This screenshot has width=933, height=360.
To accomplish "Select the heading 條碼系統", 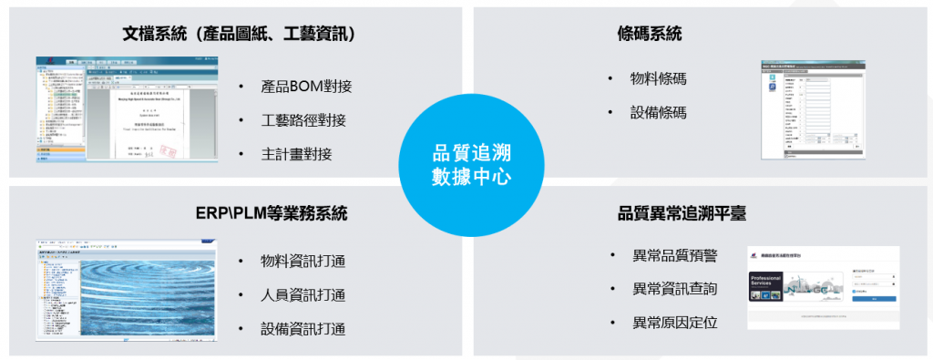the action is click(x=649, y=34).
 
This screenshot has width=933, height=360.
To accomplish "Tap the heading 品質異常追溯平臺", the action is click(x=682, y=213).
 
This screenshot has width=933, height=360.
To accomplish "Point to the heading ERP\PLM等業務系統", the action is click(x=271, y=213).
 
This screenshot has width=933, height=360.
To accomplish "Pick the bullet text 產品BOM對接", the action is click(x=305, y=87).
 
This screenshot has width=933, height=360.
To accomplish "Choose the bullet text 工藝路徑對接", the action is click(x=302, y=120).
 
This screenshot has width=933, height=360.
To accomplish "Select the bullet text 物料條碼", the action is click(x=658, y=78).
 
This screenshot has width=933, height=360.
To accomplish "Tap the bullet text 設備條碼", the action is click(x=658, y=112).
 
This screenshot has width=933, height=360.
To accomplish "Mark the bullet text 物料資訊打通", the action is click(x=302, y=262).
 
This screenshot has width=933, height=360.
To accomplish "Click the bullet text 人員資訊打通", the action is click(x=302, y=295).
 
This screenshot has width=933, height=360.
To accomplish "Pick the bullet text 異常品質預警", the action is click(x=674, y=254).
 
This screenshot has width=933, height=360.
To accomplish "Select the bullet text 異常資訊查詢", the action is click(x=674, y=289).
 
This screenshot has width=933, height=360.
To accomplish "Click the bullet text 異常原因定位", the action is click(x=674, y=323).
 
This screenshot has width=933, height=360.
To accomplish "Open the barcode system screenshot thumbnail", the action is click(x=813, y=109).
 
